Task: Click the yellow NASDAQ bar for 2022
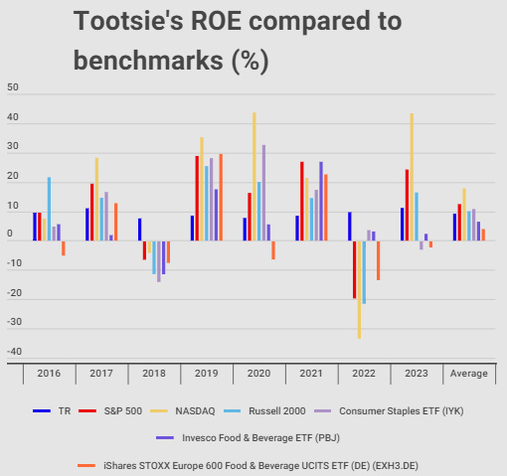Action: pyautogui.click(x=359, y=289)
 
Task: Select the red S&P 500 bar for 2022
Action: pyautogui.click(x=353, y=269)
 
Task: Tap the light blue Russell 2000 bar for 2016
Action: pyautogui.click(x=49, y=209)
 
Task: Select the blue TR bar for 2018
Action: pyautogui.click(x=140, y=230)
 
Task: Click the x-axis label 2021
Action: pyautogui.click(x=312, y=374)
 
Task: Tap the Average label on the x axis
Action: pyautogui.click(x=469, y=374)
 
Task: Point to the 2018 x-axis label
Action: pyautogui.click(x=154, y=374)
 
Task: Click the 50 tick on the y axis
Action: pyautogui.click(x=13, y=87)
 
